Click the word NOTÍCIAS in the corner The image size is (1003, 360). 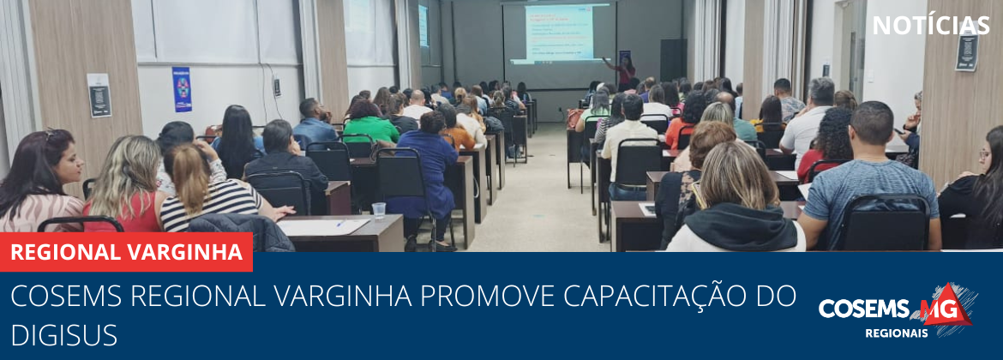tap(930, 26)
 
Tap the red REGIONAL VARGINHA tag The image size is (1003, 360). tap(126, 252)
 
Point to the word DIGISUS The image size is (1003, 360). tap(64, 335)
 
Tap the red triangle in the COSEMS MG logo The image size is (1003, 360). tap(952, 306)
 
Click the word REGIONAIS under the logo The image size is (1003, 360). tap(896, 333)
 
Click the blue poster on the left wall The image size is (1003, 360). tap(182, 89)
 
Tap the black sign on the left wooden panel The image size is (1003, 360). tap(99, 95)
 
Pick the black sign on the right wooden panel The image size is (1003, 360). tap(967, 51)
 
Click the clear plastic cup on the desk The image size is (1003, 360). tap(379, 210)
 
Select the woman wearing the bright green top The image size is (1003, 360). tap(369, 123)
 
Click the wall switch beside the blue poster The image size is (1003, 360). tap(276, 87)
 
